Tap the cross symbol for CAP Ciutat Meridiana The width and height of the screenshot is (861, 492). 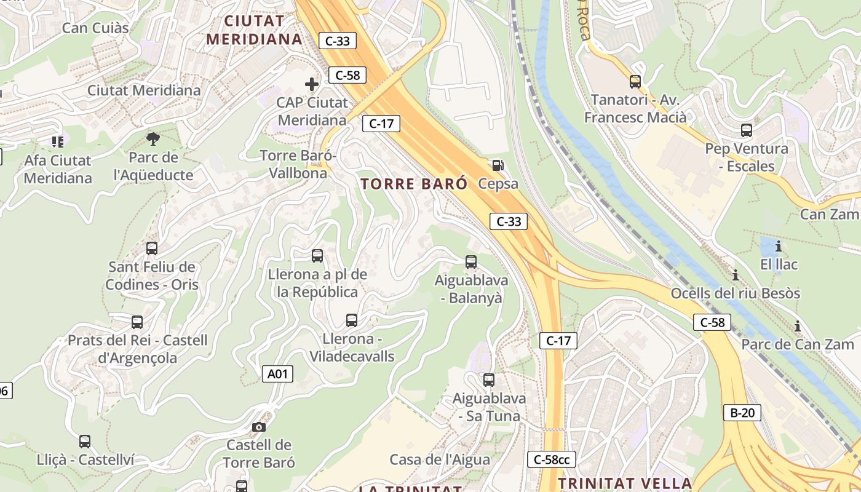click(312, 84)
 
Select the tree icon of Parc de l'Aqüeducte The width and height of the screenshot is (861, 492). click(153, 138)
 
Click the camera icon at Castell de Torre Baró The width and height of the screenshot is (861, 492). click(259, 427)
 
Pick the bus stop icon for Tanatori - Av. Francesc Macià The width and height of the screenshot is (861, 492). click(635, 81)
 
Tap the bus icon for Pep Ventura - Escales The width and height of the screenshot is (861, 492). click(747, 130)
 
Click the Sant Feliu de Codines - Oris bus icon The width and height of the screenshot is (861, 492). click(152, 248)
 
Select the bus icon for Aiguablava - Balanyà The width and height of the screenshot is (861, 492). click(471, 262)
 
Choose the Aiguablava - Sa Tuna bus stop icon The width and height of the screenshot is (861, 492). click(489, 380)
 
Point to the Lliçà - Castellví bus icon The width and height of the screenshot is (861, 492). click(85, 442)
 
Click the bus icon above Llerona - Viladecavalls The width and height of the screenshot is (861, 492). click(352, 320)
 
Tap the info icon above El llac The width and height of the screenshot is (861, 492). click(779, 247)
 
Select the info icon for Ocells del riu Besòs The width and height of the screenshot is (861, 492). click(735, 275)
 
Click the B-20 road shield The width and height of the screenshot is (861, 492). click(742, 413)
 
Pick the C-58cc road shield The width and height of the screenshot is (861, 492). click(552, 459)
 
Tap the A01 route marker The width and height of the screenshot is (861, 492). click(277, 374)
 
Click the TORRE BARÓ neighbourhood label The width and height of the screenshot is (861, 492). click(414, 184)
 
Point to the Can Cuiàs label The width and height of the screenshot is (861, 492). click(95, 28)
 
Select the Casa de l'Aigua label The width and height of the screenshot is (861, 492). click(440, 459)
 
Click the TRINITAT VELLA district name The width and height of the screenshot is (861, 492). click(625, 482)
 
